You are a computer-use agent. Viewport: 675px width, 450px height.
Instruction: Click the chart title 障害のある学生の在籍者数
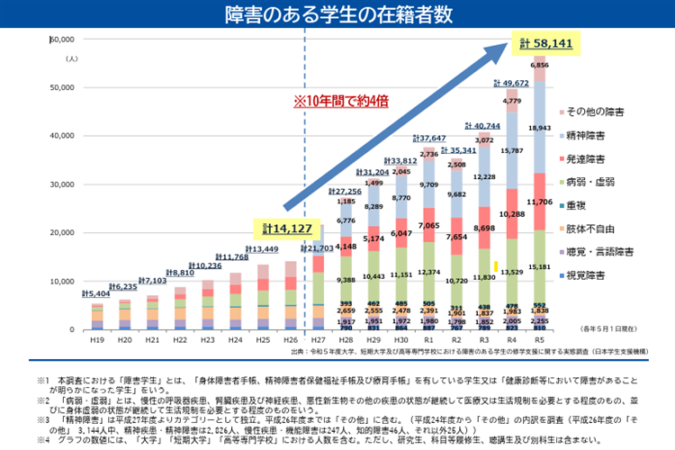(337, 15)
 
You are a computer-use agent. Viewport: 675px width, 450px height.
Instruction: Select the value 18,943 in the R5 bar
(540, 129)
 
